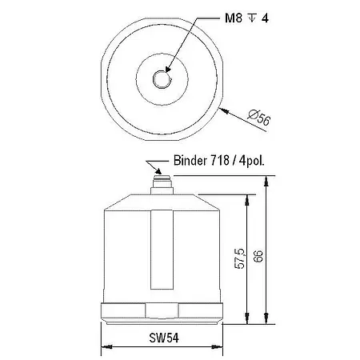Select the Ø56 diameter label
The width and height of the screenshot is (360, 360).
click(262, 119)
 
